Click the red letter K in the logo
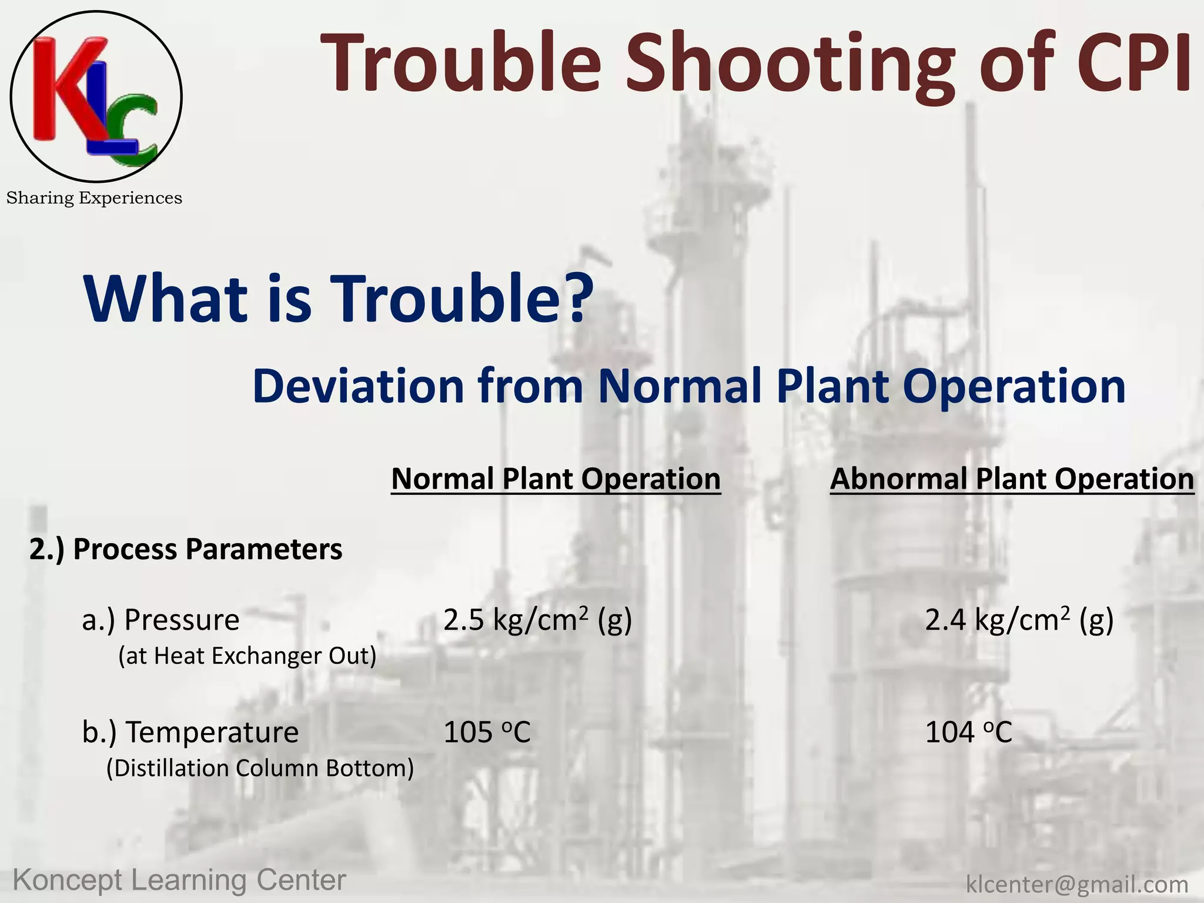pyautogui.click(x=62, y=88)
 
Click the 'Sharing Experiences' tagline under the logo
pyautogui.click(x=94, y=198)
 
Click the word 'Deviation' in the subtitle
pyautogui.click(x=358, y=386)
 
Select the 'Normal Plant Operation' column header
pyautogui.click(x=556, y=479)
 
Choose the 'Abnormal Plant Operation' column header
pyautogui.click(x=1012, y=479)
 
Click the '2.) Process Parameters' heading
pyautogui.click(x=186, y=549)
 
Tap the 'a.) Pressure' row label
pyautogui.click(x=160, y=620)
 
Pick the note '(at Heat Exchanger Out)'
pyautogui.click(x=247, y=655)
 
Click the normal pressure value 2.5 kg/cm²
pyautogui.click(x=537, y=620)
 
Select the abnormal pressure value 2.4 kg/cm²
pyautogui.click(x=1019, y=620)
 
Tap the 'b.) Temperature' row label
pyautogui.click(x=190, y=732)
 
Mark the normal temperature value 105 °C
pyautogui.click(x=487, y=732)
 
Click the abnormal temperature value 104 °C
pyautogui.click(x=968, y=732)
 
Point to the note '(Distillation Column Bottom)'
pyautogui.click(x=260, y=768)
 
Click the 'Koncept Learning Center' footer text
pyautogui.click(x=179, y=880)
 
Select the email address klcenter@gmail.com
pyautogui.click(x=1077, y=884)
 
